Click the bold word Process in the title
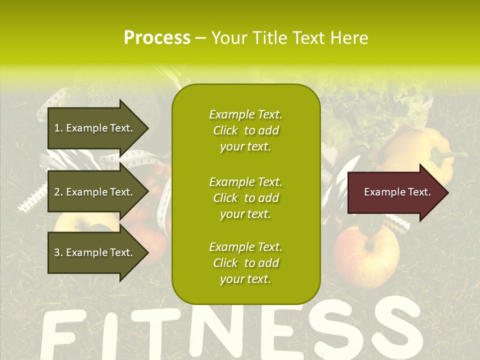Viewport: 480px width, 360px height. pos(157,38)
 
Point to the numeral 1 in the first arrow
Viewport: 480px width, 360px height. pos(57,128)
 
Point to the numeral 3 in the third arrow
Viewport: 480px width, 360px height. pos(57,252)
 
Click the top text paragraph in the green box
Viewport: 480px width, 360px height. pos(245,130)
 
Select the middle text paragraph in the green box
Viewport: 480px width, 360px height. pos(245,198)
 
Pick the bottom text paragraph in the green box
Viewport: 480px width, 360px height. pos(245,263)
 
